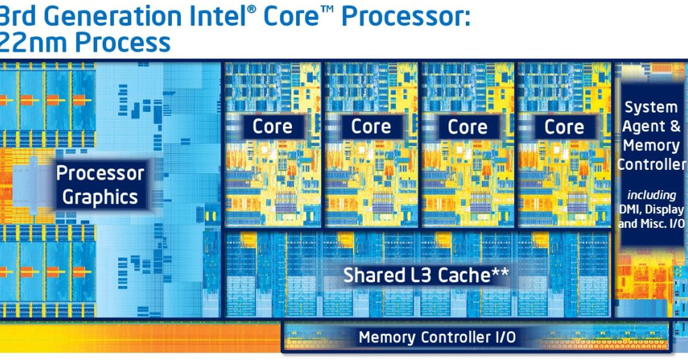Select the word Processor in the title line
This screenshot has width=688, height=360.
point(405,17)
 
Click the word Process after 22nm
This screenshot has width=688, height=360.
point(123,42)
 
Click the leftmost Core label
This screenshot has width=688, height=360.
point(272,127)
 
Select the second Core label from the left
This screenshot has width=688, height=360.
point(370,127)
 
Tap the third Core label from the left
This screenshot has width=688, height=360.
point(467,127)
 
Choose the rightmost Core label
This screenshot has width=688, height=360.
point(564,127)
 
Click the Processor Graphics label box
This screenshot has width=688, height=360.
point(100,185)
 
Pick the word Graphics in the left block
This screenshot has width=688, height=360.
point(100,197)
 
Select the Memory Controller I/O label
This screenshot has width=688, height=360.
point(437,337)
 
